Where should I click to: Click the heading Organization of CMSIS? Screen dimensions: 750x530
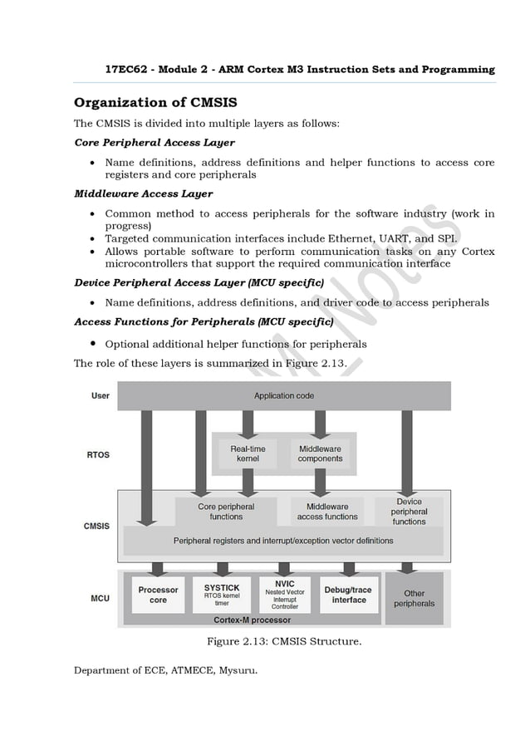point(155,103)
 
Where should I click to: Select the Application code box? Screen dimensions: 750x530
point(283,396)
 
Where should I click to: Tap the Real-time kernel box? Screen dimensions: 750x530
point(248,453)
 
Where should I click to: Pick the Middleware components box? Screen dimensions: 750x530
point(320,453)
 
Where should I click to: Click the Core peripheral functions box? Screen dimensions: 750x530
point(226,511)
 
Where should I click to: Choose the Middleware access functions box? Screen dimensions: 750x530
point(327,511)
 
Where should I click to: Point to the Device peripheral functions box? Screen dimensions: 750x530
point(409,511)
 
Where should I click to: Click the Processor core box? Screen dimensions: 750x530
point(158,595)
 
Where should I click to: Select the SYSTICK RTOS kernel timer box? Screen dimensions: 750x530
point(222,595)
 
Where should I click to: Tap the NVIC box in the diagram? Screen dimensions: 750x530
point(285,594)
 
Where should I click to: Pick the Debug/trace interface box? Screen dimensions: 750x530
point(349,595)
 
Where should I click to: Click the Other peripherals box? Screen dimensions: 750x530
point(414,598)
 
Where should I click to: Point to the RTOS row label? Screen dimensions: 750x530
point(98,455)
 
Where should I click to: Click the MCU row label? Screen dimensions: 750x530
point(100,598)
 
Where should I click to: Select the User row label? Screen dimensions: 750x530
point(100,396)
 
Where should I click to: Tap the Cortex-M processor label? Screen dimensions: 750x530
point(252,620)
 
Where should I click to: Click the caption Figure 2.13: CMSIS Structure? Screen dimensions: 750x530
point(283,641)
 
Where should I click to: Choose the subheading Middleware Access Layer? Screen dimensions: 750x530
point(143,194)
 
